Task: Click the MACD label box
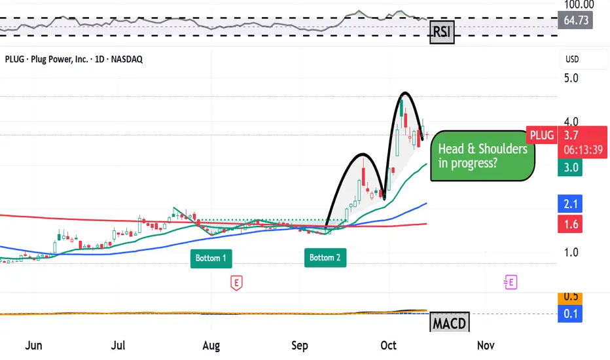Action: point(449,323)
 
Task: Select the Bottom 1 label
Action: point(211,258)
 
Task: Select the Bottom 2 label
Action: point(325,258)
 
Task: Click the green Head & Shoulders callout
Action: point(483,156)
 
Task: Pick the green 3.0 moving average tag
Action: point(571,168)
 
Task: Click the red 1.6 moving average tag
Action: point(571,225)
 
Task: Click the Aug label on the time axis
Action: point(211,345)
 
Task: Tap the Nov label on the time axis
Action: point(485,345)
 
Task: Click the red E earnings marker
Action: point(236,283)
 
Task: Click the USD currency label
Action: point(572,60)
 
